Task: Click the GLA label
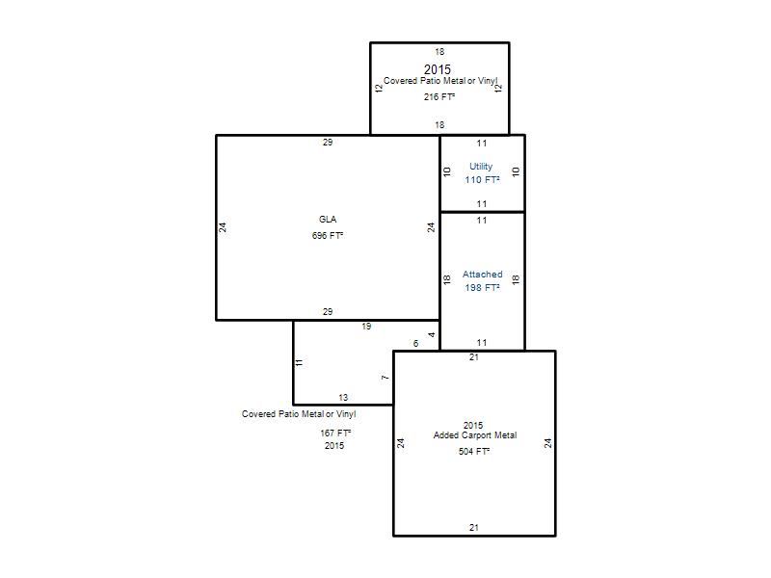328,220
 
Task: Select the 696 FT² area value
328,235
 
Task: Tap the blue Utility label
481,167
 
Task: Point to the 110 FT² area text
483,180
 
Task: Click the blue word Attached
483,275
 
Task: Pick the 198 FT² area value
483,287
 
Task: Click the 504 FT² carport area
474,451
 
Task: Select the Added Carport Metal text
475,435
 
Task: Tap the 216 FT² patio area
439,97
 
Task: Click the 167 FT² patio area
335,433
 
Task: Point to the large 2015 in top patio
438,69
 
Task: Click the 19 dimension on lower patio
366,327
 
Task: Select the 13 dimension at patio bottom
343,397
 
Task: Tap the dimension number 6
416,344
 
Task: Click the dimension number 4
432,334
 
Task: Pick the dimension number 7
385,378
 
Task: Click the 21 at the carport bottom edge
473,527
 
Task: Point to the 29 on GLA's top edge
328,142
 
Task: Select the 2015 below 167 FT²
334,446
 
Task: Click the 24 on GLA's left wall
223,227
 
